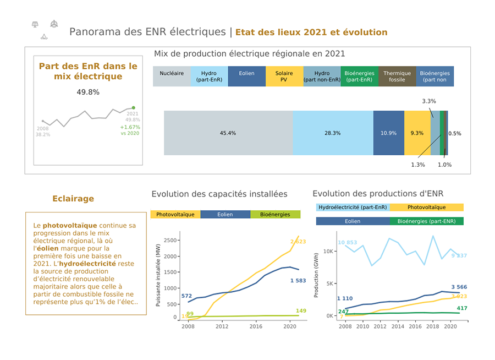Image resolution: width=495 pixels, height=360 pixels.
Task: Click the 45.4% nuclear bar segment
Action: click(228, 133)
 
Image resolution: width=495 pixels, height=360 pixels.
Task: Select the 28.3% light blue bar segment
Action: click(332, 133)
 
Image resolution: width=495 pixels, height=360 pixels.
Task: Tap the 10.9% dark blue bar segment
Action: click(388, 133)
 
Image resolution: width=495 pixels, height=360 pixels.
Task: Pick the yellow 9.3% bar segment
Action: click(417, 133)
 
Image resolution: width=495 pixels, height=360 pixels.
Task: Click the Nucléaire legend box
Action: click(172, 77)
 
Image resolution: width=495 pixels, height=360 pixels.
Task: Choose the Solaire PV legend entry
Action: click(284, 77)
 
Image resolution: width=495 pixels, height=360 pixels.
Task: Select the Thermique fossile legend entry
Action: click(397, 77)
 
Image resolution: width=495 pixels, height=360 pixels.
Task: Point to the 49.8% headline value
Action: click(88, 92)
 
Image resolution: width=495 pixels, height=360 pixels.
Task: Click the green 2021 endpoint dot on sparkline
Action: click(134, 108)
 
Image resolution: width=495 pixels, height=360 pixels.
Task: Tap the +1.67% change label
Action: click(130, 127)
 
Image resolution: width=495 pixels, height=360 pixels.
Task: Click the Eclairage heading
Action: click(73, 199)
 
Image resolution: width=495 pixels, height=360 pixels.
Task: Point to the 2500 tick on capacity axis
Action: click(170, 240)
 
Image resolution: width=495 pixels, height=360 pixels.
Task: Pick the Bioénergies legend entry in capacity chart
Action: click(276, 215)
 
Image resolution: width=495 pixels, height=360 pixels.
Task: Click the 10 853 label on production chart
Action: click(348, 243)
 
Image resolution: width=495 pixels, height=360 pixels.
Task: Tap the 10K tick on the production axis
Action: click(328, 251)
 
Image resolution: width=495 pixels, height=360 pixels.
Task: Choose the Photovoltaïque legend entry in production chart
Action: click(427, 208)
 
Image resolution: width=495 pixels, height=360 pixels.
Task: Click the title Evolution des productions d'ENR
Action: click(378, 194)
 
